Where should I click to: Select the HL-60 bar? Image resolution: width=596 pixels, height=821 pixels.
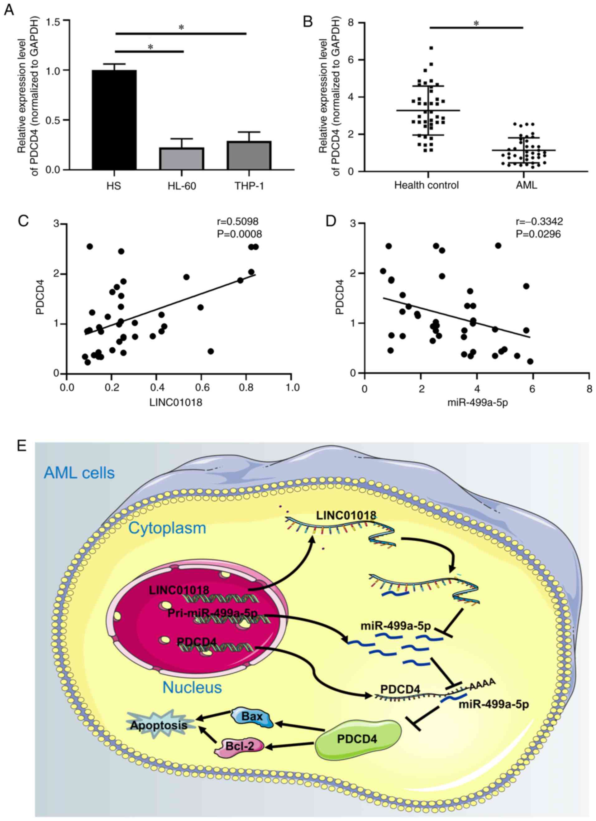182,158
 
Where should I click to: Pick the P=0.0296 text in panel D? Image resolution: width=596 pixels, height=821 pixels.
538,234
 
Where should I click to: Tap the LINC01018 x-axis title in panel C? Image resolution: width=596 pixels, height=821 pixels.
176,402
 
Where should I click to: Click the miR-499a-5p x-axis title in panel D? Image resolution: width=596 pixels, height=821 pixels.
477,402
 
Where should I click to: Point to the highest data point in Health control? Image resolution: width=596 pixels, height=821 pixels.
431,48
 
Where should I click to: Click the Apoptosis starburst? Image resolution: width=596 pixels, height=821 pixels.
159,725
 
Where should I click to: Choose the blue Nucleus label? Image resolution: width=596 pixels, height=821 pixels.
192,687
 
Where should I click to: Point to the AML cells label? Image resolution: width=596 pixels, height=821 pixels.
79,473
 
